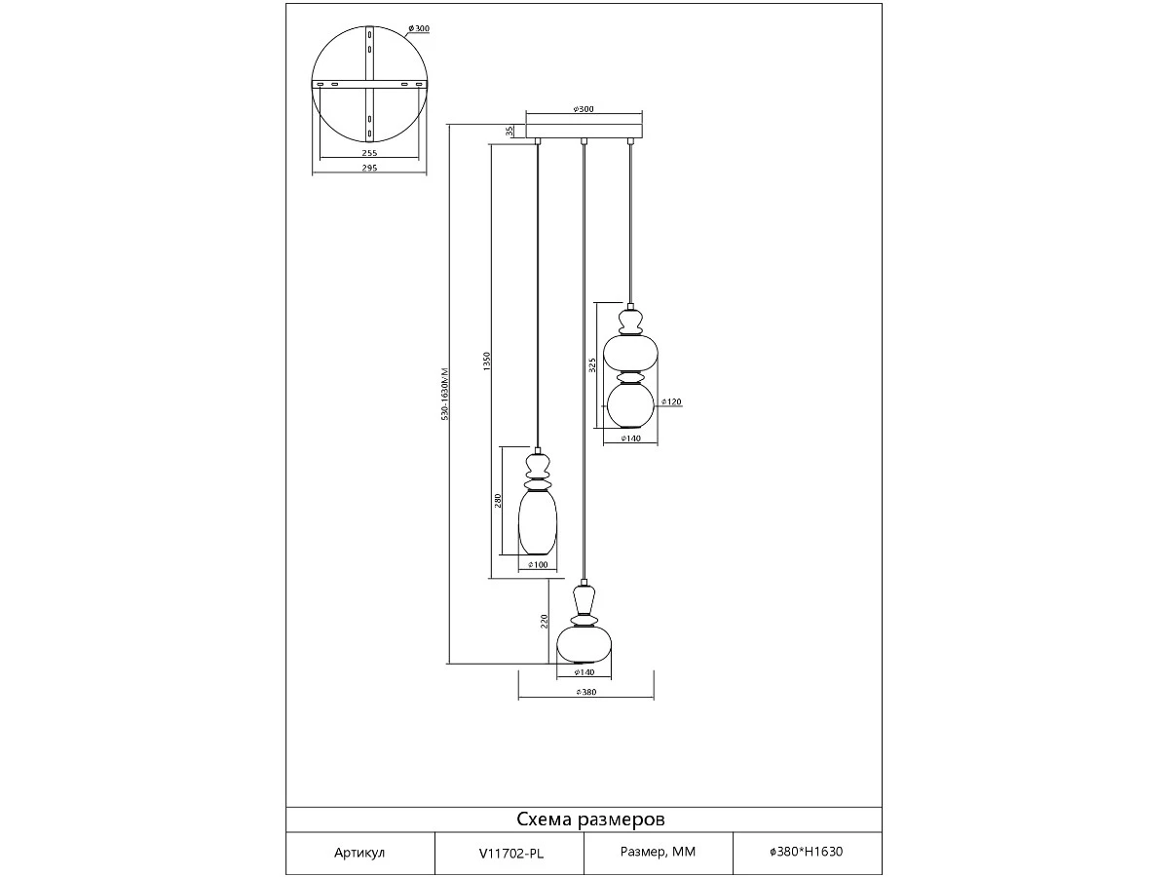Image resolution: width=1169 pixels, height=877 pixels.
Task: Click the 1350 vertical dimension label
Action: pyautogui.click(x=486, y=362)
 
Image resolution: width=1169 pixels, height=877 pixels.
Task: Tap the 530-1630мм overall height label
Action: pyautogui.click(x=445, y=394)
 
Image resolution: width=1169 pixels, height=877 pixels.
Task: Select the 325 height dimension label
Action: pyautogui.click(x=592, y=365)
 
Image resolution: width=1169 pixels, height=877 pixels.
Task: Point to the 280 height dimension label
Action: pyautogui.click(x=498, y=501)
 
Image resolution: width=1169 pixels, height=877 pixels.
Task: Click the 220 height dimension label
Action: pyautogui.click(x=544, y=622)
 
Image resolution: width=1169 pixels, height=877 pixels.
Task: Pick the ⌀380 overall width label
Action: pyautogui.click(x=586, y=692)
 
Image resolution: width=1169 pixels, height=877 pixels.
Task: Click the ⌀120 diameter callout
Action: pyautogui.click(x=671, y=402)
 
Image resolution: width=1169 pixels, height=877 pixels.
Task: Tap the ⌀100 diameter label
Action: pyautogui.click(x=538, y=565)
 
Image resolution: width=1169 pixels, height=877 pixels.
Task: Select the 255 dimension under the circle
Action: pyautogui.click(x=369, y=153)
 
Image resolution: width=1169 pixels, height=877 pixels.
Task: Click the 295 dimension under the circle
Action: pyautogui.click(x=369, y=168)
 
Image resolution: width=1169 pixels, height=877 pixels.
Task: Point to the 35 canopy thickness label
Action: pyautogui.click(x=509, y=131)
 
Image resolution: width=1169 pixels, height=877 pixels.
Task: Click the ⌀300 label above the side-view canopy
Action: pyautogui.click(x=584, y=109)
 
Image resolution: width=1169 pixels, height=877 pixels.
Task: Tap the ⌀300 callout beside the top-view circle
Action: pyautogui.click(x=419, y=29)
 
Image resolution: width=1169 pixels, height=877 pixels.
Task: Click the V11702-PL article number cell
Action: pyautogui.click(x=511, y=854)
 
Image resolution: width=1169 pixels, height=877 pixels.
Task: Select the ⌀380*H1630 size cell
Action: pyautogui.click(x=807, y=852)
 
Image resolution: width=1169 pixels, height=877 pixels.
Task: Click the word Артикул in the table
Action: pyautogui.click(x=359, y=853)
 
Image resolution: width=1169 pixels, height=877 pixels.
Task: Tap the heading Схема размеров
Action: pyautogui.click(x=590, y=820)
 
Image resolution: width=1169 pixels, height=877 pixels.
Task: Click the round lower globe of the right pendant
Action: pyautogui.click(x=630, y=405)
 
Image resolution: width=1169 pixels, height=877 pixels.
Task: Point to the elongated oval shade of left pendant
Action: pyautogui.click(x=538, y=522)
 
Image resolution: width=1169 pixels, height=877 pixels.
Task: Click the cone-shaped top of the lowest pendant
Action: pyautogui.click(x=584, y=599)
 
